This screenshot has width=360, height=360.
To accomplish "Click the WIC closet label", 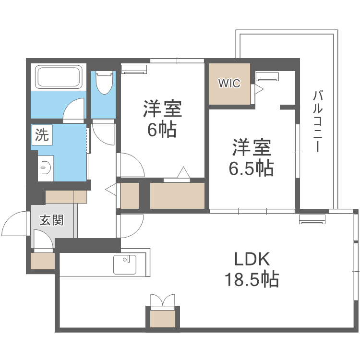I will [229, 83].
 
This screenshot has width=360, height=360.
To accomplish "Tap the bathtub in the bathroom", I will [58, 77].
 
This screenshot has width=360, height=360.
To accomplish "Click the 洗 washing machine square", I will [42, 135].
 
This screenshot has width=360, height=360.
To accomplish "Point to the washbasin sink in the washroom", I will [46, 168].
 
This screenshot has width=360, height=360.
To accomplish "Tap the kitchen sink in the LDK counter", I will [125, 264].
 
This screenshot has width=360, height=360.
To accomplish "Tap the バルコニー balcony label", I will [317, 120].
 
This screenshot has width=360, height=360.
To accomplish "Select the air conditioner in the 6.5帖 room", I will [267, 76].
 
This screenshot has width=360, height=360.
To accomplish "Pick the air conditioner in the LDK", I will [312, 219].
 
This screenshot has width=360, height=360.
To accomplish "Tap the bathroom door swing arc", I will [74, 108].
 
